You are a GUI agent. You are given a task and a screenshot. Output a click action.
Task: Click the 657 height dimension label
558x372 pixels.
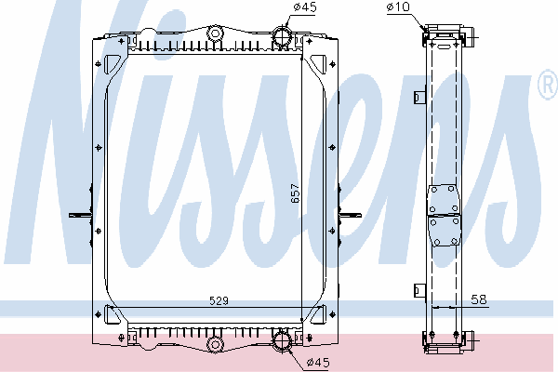(x=296, y=193)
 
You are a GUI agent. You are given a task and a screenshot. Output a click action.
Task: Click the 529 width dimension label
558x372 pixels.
(x=219, y=300)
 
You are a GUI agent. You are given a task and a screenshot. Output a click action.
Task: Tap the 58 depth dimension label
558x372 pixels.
(x=479, y=299)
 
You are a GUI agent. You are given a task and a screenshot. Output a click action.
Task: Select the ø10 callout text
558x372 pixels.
(x=398, y=7)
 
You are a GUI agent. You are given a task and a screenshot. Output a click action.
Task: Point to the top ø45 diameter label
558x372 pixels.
(x=305, y=7)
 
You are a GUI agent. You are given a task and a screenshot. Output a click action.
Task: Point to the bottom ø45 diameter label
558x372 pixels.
(x=318, y=363)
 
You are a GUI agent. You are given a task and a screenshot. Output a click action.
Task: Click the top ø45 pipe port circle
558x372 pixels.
(x=283, y=36)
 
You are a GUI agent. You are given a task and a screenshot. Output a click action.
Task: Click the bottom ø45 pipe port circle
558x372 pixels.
(x=282, y=341)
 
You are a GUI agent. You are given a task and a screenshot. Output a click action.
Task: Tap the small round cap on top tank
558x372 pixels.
(x=215, y=33)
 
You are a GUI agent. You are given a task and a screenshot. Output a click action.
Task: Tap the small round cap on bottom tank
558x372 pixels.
(x=216, y=344)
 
